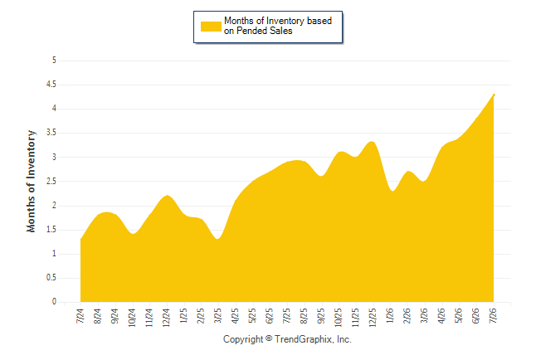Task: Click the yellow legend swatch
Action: [211, 27]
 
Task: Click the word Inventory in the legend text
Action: [285, 21]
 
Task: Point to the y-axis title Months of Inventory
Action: [31, 181]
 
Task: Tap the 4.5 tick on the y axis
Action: [51, 85]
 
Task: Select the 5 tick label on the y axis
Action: [54, 61]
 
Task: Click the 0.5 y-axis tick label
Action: [51, 278]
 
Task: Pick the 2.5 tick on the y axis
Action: [51, 181]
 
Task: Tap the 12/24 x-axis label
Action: [166, 318]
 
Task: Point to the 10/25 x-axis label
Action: [338, 318]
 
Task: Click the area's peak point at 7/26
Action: [494, 95]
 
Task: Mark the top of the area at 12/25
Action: [373, 142]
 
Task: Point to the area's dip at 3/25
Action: [217, 239]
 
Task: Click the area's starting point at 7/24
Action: [80, 239]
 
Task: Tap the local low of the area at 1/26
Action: [392, 191]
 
